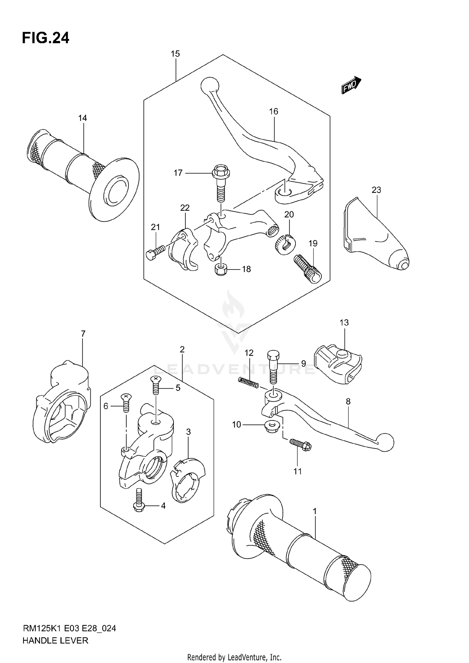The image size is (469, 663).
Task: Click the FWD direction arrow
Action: click(x=351, y=85)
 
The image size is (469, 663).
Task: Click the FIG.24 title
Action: click(x=46, y=38)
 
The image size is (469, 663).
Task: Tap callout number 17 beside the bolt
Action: click(x=178, y=173)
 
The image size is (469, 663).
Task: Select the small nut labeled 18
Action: click(x=221, y=269)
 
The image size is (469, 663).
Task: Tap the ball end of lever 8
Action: click(x=385, y=442)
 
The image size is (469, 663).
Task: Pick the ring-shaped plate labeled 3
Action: click(x=188, y=480)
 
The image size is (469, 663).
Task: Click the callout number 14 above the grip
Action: click(x=83, y=118)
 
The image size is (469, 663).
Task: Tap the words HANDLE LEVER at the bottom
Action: click(x=55, y=640)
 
